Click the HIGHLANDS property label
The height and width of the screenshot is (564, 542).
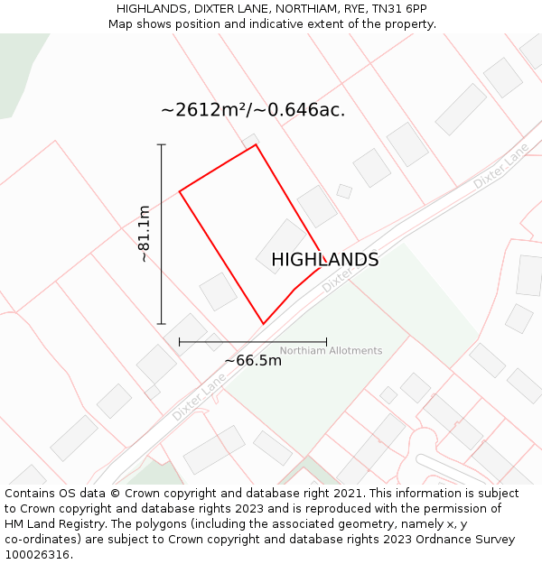[324, 260]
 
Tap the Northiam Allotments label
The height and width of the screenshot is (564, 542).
[331, 351]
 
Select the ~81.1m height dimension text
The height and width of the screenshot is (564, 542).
[145, 234]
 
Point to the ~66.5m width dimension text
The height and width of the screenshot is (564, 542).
[253, 361]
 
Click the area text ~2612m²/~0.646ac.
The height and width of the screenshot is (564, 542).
[253, 111]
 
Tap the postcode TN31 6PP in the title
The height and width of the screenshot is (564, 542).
[399, 9]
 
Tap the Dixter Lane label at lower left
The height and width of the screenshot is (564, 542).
[199, 398]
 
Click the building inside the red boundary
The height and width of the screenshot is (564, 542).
[281, 245]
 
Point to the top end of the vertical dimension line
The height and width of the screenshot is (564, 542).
[162, 144]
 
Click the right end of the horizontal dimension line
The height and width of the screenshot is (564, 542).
[326, 342]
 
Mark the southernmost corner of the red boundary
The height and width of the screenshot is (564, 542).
[263, 324]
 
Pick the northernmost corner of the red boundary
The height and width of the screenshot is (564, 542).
[257, 144]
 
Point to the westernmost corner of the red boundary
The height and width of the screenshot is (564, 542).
[180, 191]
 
